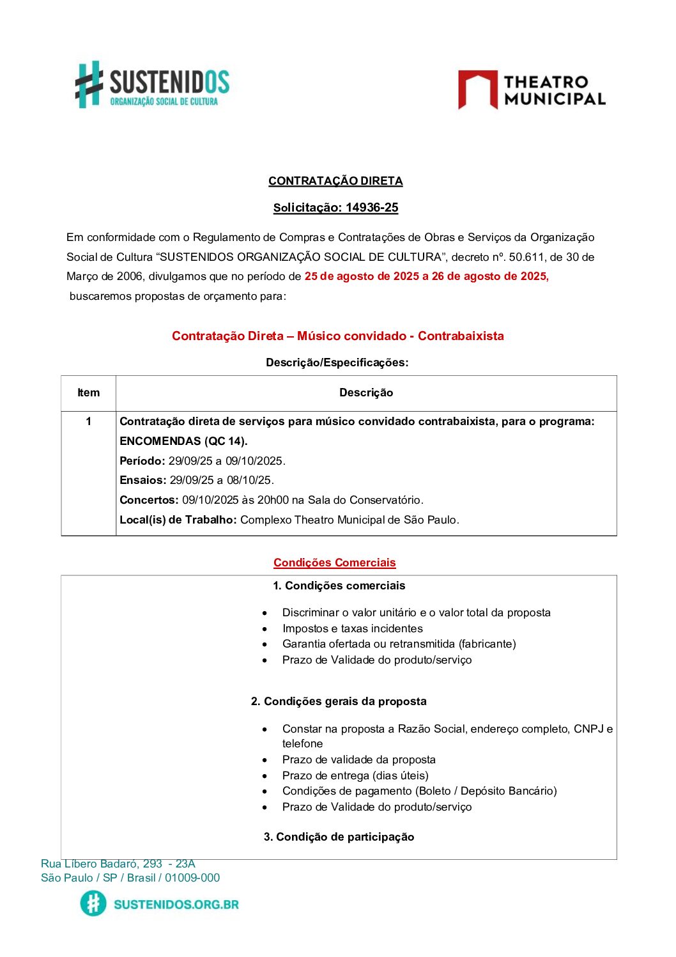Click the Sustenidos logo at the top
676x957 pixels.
coord(152,85)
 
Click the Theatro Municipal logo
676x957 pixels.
coord(532,90)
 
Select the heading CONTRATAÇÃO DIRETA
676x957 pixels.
coord(335,181)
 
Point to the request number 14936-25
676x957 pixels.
coord(372,208)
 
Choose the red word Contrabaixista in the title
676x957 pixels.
coord(461,336)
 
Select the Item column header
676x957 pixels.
coord(88,393)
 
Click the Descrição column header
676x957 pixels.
coord(366,393)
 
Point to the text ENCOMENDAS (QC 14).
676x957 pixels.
coord(183,441)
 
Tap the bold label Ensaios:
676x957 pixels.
coord(143,480)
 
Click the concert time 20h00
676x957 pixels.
coord(273,500)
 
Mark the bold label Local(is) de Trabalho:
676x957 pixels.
coord(178,520)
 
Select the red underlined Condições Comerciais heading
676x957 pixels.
coord(335,563)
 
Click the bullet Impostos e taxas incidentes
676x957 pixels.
coord(352,628)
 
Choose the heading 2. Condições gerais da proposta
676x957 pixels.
coord(339,701)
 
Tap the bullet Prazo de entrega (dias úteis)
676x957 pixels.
coord(355,775)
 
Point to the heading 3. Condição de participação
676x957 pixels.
coord(339,837)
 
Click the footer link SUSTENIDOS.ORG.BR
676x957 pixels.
coord(176,904)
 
